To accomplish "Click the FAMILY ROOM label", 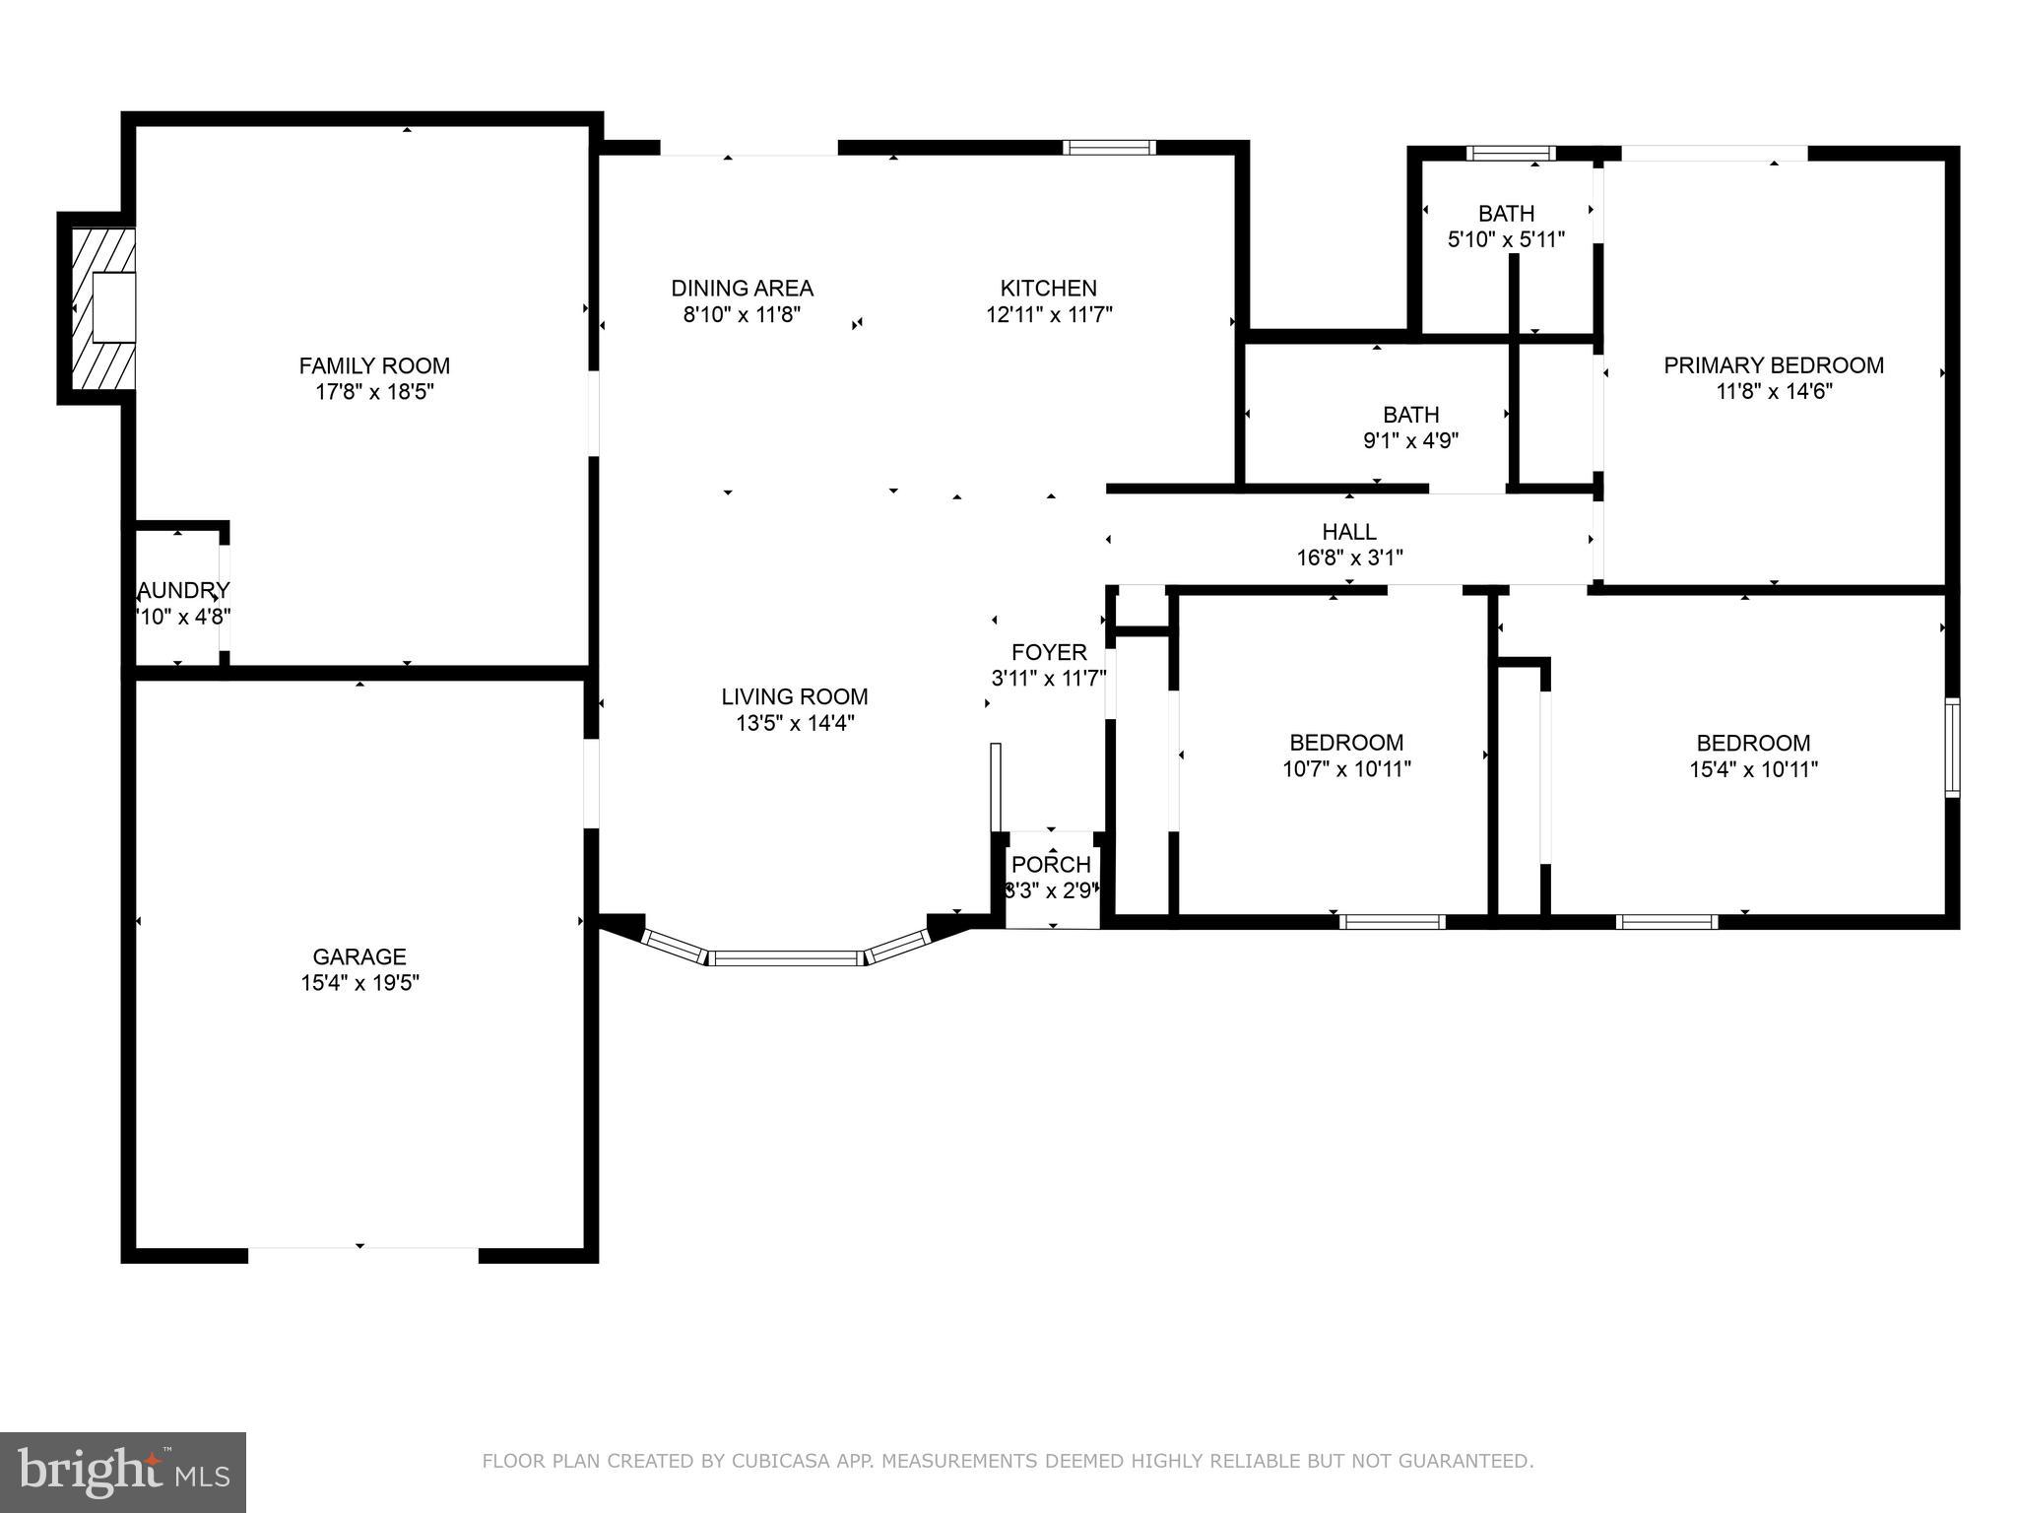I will [x=374, y=365].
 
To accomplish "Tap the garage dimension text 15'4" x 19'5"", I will [x=359, y=983].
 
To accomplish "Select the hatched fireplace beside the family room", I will [x=101, y=307].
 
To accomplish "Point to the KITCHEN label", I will [x=1048, y=288].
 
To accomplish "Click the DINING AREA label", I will [x=742, y=288].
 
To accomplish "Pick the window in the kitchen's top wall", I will [x=1109, y=148].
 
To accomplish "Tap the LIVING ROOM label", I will [x=794, y=696].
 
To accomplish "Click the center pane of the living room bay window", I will [x=786, y=957].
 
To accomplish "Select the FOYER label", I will [x=1049, y=652].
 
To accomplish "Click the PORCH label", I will [x=1051, y=864].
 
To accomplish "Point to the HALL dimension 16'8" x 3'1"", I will [x=1348, y=558].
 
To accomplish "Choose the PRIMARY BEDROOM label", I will [x=1773, y=365].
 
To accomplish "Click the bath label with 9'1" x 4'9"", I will [x=1410, y=415].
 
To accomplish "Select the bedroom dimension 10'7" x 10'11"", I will [x=1346, y=769].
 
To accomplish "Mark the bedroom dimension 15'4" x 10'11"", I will [x=1753, y=769].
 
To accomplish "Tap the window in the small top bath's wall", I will [x=1510, y=153].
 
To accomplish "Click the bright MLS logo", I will [x=123, y=1472].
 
